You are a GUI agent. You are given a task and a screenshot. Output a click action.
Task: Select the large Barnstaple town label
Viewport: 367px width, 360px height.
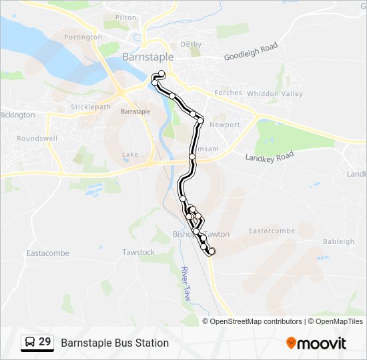point(147,57)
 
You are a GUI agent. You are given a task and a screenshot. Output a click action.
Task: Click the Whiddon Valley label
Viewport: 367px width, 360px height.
point(275,94)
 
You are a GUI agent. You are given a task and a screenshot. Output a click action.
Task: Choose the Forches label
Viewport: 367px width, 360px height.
point(228,93)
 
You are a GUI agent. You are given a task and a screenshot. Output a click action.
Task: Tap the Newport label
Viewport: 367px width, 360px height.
point(224,125)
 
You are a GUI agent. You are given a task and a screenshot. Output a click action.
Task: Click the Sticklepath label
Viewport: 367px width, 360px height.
point(91,107)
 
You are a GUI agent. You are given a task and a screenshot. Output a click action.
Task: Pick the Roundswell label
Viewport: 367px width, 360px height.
point(37,139)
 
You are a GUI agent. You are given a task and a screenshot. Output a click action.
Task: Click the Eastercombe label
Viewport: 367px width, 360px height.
point(272,231)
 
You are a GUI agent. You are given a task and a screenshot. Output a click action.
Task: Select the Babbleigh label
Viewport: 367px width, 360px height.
point(338,241)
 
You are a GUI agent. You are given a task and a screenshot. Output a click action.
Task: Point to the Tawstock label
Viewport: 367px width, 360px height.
point(138,252)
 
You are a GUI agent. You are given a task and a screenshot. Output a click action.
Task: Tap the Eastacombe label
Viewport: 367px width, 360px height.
point(47,253)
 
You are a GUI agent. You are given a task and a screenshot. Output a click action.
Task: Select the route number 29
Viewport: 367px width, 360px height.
point(45,342)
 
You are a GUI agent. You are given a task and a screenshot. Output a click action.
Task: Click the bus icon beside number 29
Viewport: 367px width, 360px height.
point(29,343)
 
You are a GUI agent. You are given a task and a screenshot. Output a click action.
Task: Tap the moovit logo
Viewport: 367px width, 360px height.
point(316,343)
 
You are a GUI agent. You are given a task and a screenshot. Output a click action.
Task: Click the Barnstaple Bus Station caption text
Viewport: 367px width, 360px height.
point(115,343)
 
